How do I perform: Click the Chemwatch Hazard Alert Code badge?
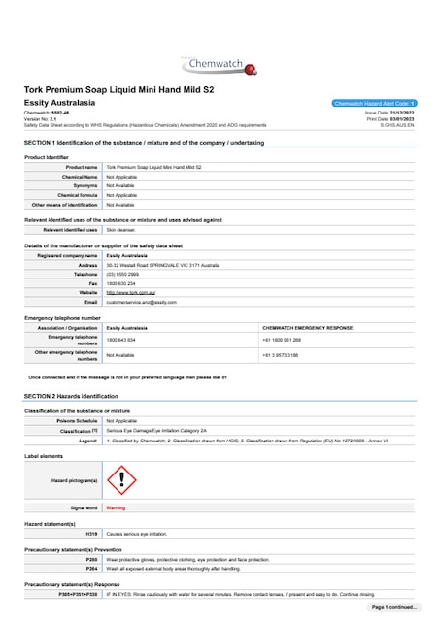coord(374,102)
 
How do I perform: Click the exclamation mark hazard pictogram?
coord(120,478)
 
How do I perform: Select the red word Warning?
coord(116,507)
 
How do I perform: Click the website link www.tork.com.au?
coord(131,292)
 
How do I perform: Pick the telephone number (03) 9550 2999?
coord(122,274)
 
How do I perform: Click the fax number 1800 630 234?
coord(120,283)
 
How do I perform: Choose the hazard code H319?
coord(91,534)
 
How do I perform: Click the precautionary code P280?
coord(91,560)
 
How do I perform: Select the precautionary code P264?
coord(91,569)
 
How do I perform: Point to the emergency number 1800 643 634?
coord(120,340)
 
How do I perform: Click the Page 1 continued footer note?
coord(393,606)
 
